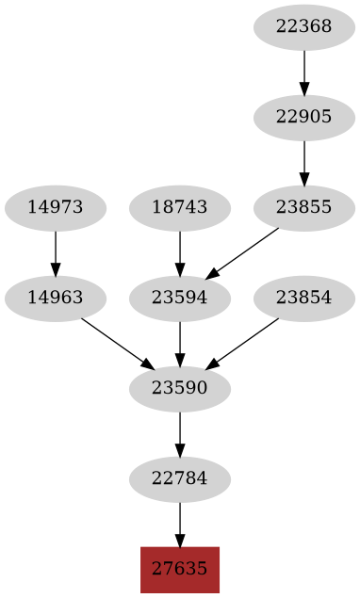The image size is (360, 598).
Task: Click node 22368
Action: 304,26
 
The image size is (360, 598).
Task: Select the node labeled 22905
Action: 304,118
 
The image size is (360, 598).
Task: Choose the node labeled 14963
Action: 56,299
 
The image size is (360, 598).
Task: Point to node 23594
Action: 180,299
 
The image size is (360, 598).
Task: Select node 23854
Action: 304,299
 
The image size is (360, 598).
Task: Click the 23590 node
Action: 180,388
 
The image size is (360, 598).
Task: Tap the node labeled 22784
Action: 180,478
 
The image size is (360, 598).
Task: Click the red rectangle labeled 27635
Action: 180,569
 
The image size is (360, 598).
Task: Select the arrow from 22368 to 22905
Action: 304,72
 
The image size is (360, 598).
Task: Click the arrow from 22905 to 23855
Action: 304,163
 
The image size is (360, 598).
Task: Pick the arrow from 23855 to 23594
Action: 243,252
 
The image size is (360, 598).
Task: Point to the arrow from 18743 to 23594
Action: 180,253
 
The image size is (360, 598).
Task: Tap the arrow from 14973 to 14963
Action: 56,253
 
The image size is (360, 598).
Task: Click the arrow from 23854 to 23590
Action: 242,344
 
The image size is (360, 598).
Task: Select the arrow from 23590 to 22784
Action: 180,433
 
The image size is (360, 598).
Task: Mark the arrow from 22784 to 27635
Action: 180,524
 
